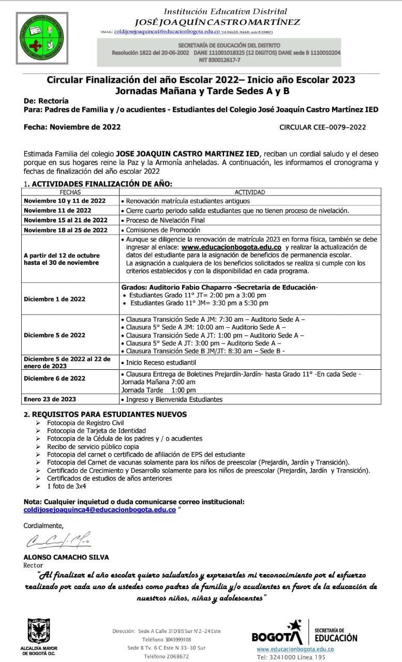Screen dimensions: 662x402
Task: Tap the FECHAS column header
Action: click(70, 192)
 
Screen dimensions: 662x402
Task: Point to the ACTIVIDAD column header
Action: click(250, 192)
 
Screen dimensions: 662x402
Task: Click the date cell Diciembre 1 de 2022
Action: click(55, 299)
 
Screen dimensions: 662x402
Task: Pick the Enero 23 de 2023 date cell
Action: click(51, 399)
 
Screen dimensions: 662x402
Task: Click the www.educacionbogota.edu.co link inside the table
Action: click(231, 248)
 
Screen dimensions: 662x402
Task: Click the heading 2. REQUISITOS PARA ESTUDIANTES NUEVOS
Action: click(106, 414)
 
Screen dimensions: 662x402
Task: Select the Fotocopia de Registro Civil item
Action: click(78, 423)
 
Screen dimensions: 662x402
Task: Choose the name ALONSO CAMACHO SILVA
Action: click(67, 558)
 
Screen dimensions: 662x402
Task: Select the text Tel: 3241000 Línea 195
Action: click(291, 657)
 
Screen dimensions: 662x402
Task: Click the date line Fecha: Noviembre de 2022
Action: click(72, 127)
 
